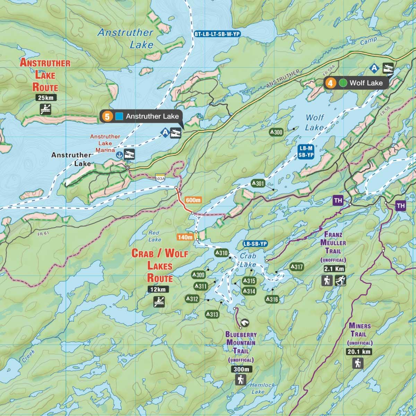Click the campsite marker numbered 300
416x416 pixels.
pyautogui.click(x=277, y=132)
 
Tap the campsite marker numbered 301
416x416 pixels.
pyautogui.click(x=258, y=183)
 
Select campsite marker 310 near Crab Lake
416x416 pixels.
pyautogui.click(x=222, y=253)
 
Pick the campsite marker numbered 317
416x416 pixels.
pyautogui.click(x=296, y=267)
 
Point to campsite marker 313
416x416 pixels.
pyautogui.click(x=212, y=314)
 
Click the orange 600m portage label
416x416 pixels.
pyautogui.click(x=193, y=200)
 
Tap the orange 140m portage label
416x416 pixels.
pyautogui.click(x=185, y=237)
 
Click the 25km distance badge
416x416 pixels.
pyautogui.click(x=46, y=98)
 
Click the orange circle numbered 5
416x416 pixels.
pyautogui.click(x=107, y=117)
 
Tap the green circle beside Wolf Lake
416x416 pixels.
pyautogui.click(x=343, y=83)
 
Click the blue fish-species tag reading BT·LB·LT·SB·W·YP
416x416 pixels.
pyautogui.click(x=217, y=34)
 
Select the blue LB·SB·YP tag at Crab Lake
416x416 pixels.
pyautogui.click(x=255, y=244)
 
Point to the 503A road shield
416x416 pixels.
pyautogui.click(x=160, y=178)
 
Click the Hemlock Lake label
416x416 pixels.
pyautogui.click(x=262, y=388)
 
